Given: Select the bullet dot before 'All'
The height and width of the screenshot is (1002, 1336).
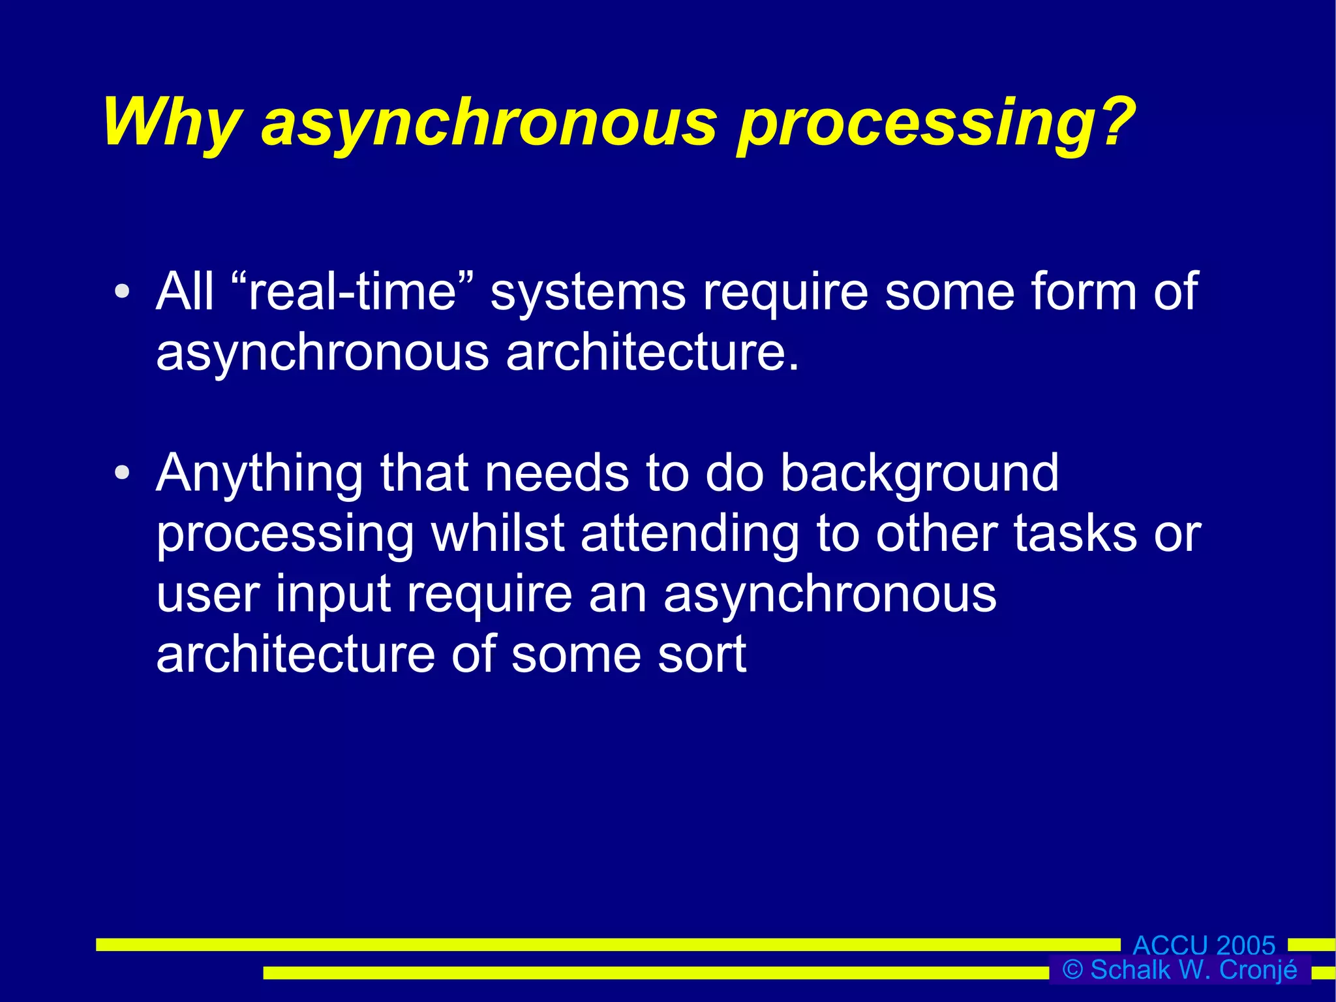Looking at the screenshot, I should (122, 292).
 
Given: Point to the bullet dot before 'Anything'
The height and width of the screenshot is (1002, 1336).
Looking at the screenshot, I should (122, 473).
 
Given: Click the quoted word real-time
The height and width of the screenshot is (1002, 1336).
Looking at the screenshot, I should (352, 291).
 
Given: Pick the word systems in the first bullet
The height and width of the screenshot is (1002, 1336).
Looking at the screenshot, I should (588, 292).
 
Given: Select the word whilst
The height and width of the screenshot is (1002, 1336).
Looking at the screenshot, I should (497, 533).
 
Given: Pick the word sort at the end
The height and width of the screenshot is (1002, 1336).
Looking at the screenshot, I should (702, 654).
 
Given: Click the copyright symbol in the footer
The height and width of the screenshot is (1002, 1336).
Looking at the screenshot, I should (1072, 970).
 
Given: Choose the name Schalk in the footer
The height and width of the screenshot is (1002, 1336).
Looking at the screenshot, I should (1130, 970).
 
